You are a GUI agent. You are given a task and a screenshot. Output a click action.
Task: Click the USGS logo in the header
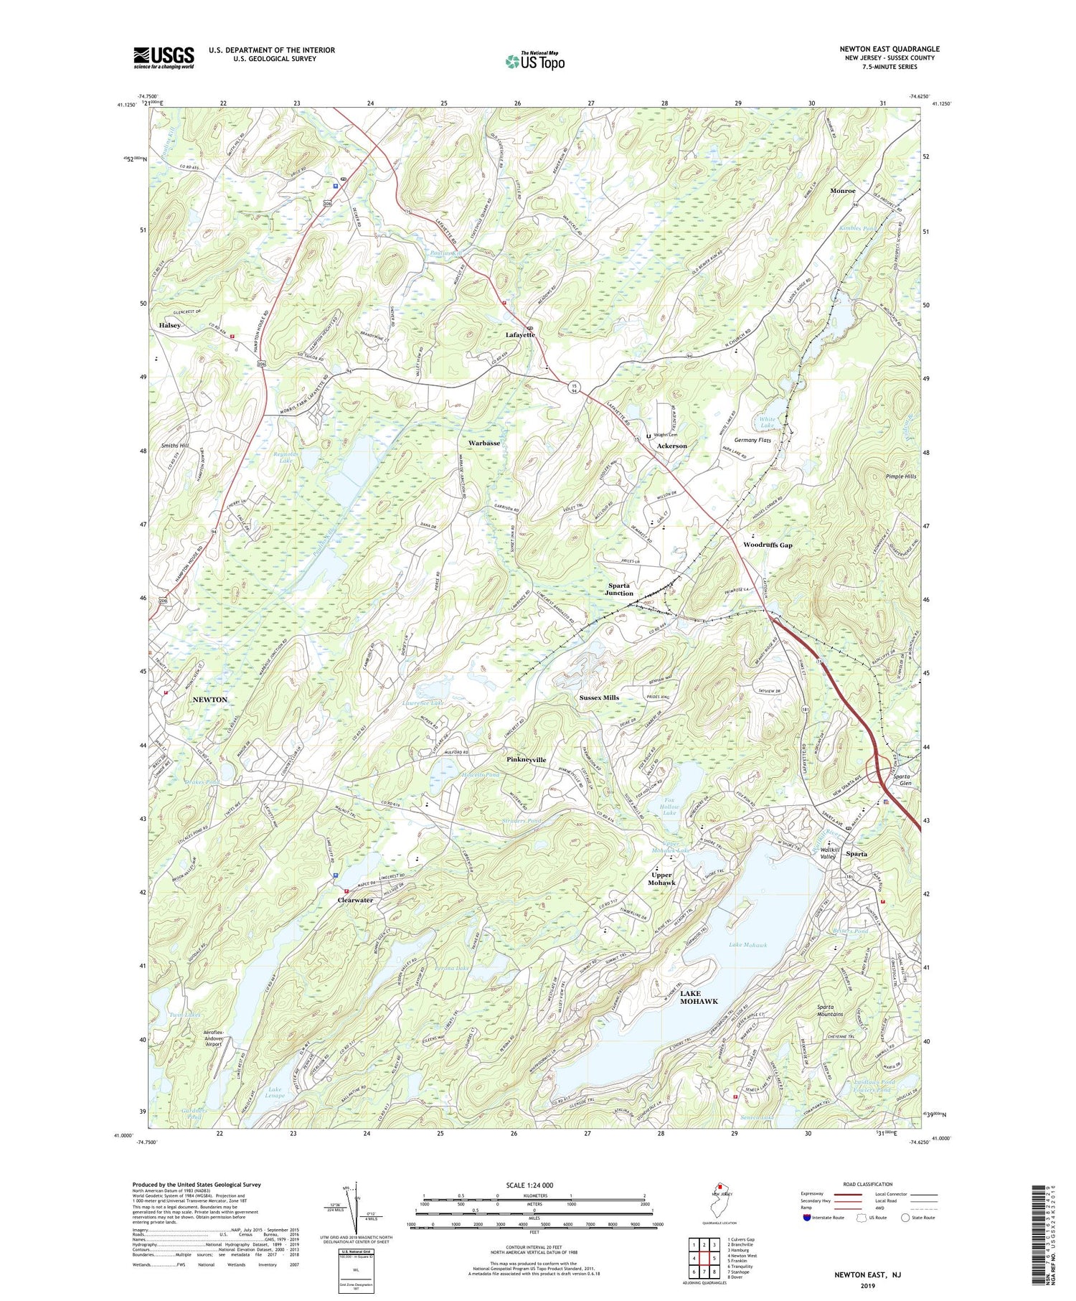164,57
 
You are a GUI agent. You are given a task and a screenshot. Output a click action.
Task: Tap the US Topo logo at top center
535,61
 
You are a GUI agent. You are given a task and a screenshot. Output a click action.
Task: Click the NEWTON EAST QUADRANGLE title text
889,49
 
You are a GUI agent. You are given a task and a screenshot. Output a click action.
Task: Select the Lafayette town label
520,335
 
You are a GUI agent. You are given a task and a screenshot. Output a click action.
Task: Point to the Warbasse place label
484,443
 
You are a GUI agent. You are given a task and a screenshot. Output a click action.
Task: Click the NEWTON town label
209,699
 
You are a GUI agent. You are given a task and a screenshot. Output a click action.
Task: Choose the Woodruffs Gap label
768,545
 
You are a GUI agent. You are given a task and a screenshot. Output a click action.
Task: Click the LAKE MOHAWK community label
698,997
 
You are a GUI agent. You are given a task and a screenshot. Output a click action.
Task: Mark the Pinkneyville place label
526,759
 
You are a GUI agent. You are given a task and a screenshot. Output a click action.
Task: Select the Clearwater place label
356,900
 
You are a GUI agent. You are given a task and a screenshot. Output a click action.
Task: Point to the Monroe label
842,191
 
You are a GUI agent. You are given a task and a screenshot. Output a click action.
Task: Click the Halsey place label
170,325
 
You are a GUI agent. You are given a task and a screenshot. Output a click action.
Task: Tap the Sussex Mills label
599,698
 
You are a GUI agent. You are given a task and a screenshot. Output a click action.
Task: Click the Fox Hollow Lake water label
669,806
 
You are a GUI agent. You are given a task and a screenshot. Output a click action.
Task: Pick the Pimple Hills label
900,476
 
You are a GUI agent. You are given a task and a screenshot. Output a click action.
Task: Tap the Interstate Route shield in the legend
807,1218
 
